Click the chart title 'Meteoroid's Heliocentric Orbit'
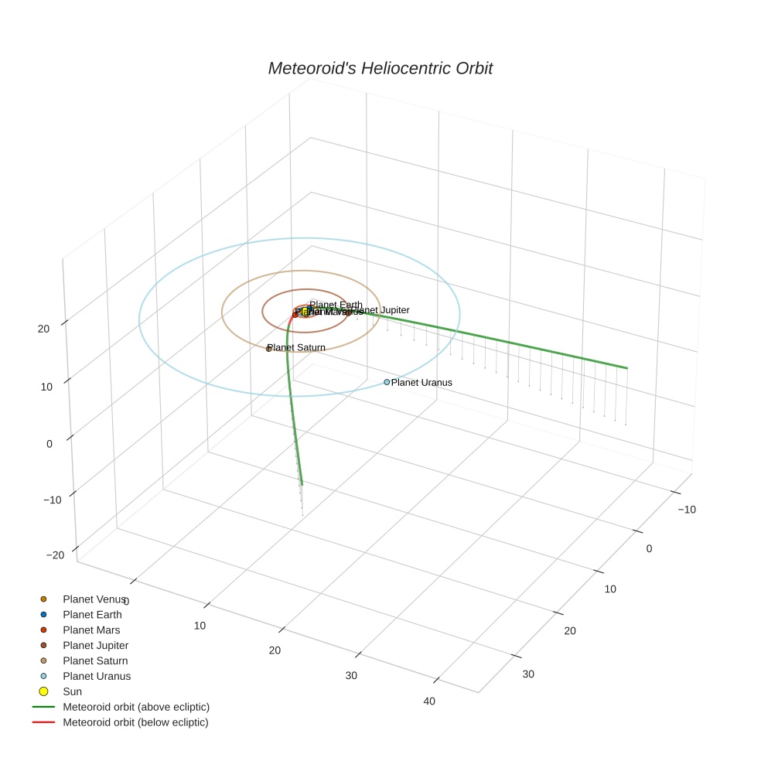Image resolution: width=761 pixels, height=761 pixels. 380,68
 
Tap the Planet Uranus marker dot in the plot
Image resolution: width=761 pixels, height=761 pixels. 387,382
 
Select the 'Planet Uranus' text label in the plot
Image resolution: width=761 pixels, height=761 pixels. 421,382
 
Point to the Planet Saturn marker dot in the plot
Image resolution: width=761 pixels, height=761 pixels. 268,349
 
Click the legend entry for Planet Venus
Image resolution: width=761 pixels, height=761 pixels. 94,599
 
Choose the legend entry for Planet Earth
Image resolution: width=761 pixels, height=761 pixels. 92,614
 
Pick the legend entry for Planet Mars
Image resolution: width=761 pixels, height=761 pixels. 91,630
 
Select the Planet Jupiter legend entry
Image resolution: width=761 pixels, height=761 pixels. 95,645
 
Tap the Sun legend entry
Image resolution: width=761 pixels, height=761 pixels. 72,691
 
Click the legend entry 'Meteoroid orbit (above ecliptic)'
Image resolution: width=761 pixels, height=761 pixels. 135,707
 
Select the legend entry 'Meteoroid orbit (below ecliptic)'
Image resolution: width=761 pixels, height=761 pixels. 135,722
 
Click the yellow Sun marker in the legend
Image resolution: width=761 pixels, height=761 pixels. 43,691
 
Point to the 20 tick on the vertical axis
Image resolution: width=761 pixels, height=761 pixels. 43,328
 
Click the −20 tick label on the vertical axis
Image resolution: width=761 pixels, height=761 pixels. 55,555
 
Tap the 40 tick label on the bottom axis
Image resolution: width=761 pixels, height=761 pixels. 429,701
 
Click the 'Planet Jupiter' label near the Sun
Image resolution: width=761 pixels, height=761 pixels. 382,310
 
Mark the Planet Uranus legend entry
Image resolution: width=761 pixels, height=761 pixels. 97,676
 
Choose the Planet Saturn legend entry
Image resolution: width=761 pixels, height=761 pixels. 95,660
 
